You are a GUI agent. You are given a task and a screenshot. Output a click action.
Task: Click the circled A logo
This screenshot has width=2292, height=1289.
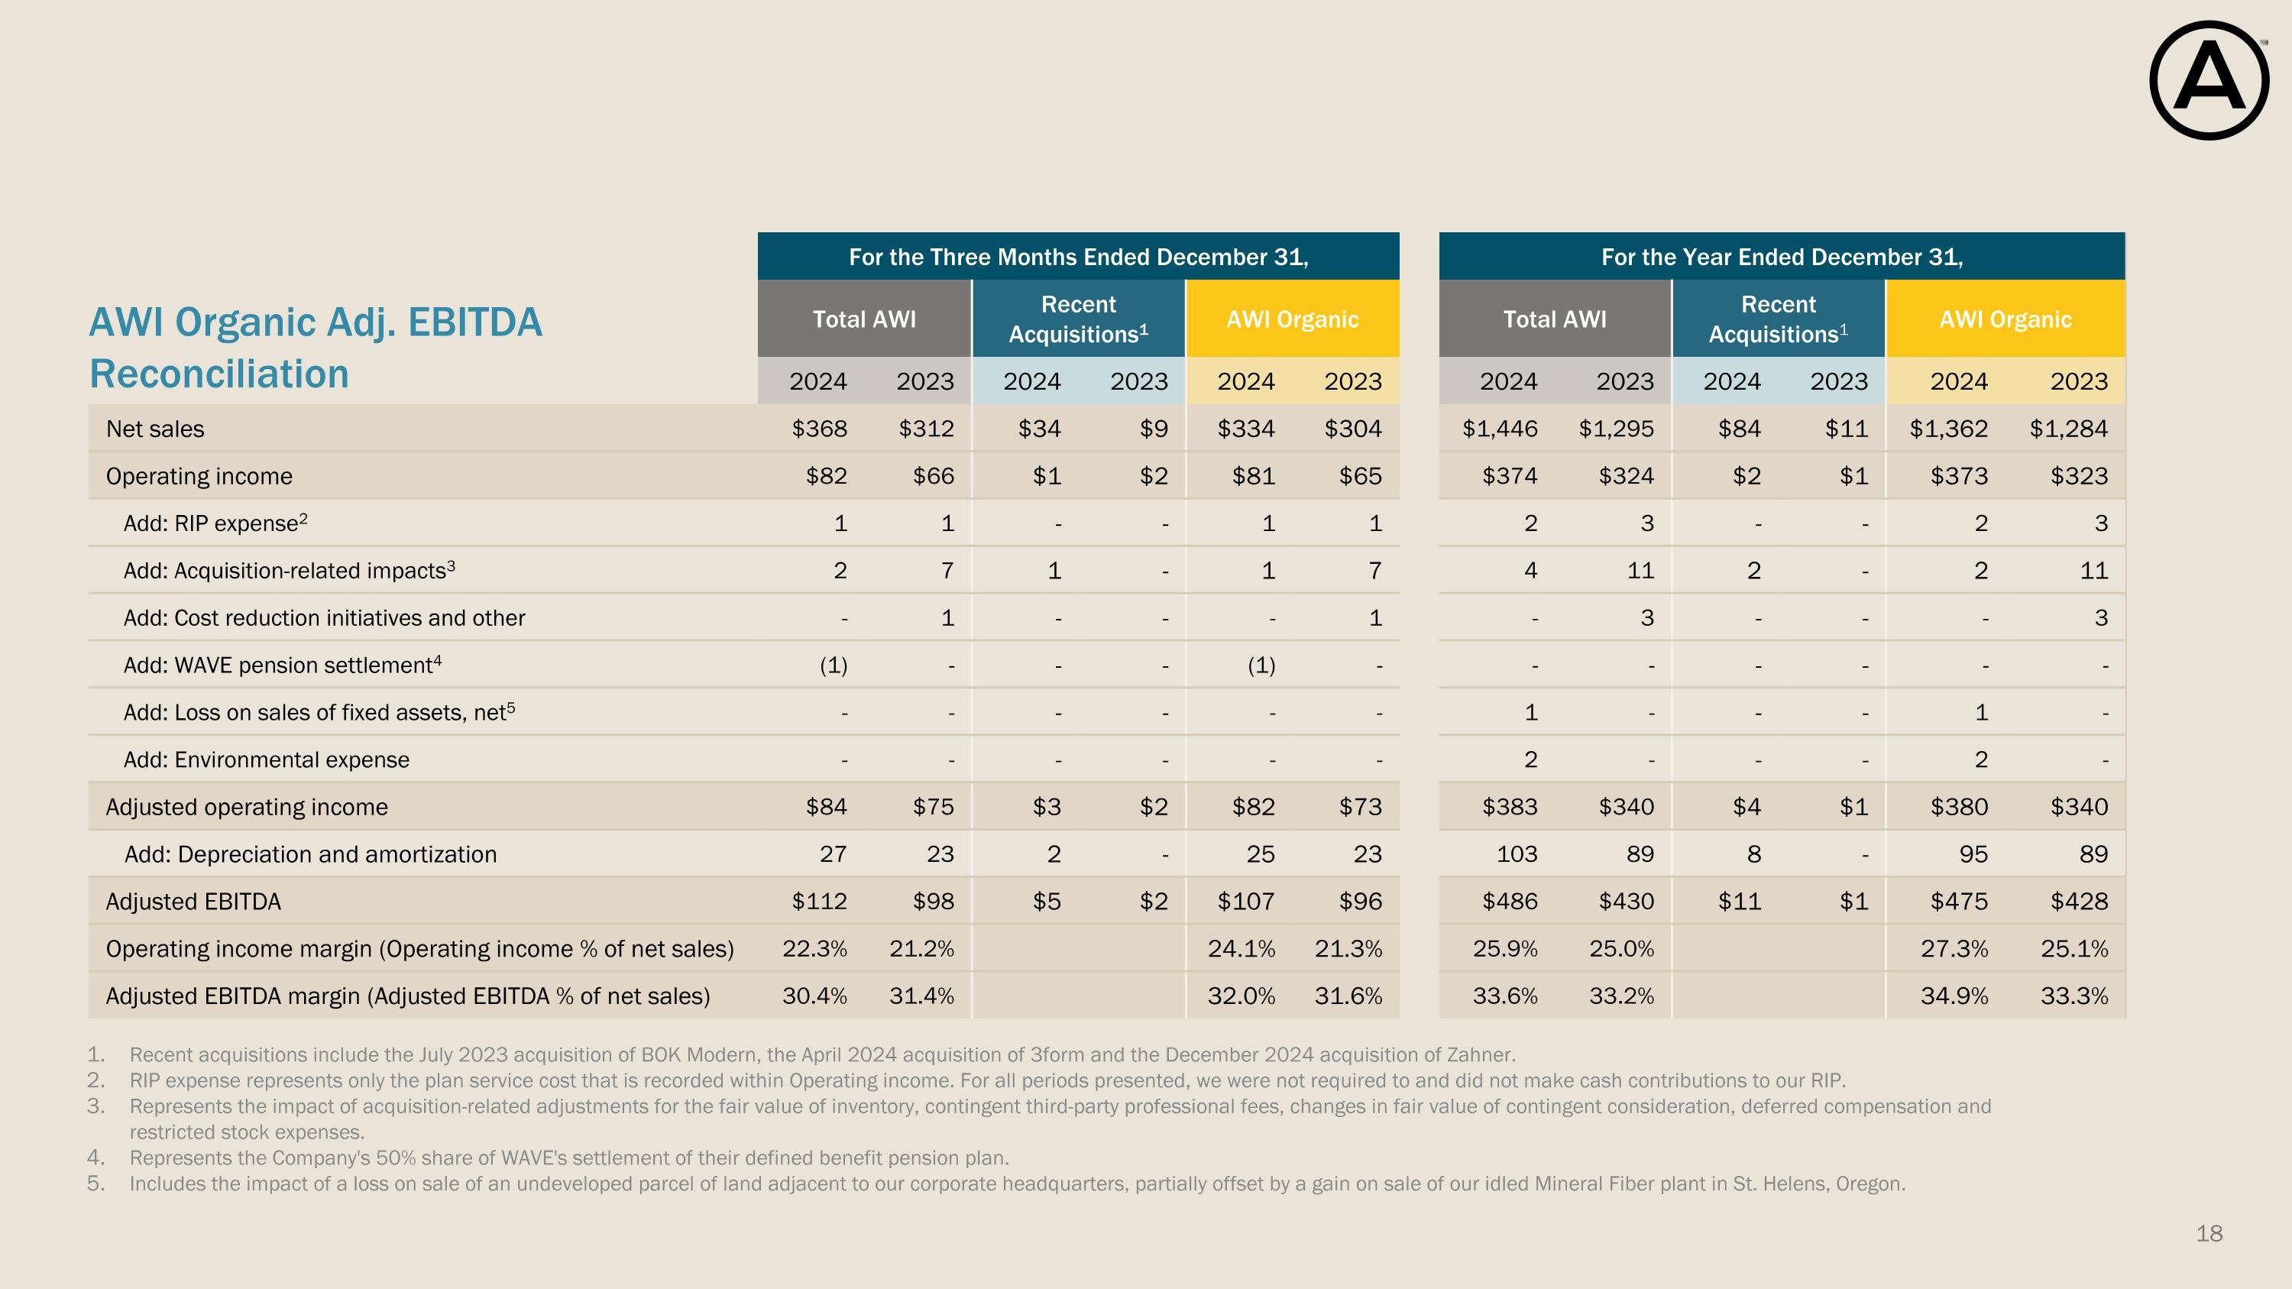coord(2209,80)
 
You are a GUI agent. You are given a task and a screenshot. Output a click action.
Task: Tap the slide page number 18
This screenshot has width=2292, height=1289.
coord(2209,1233)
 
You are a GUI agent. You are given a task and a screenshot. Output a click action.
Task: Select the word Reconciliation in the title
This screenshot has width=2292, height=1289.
coord(219,374)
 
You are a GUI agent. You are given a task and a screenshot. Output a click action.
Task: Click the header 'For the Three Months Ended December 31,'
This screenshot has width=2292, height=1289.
coord(1078,257)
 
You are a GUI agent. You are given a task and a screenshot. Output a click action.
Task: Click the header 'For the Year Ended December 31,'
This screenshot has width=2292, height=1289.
coord(1782,257)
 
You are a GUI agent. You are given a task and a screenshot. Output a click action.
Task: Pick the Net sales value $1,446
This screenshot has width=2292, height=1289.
coord(1500,429)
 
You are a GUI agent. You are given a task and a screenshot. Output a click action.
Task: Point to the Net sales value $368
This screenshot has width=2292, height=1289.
coord(820,429)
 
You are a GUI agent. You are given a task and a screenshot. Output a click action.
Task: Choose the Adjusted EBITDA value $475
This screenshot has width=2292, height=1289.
coord(1959,901)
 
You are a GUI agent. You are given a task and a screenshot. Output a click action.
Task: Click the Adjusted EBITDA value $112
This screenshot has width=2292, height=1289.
coord(820,901)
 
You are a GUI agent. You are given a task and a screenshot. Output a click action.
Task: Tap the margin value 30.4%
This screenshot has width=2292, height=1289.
coord(815,996)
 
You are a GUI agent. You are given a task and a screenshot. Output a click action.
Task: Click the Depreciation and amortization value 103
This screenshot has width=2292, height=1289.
coord(1517,854)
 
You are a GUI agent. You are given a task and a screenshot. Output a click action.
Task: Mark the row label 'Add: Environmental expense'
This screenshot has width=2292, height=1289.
coord(267,759)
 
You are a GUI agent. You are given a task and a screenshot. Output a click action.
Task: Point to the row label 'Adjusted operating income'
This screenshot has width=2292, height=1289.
coord(248,807)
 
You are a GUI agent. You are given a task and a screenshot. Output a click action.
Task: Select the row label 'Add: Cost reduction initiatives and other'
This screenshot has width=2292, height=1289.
coord(325,617)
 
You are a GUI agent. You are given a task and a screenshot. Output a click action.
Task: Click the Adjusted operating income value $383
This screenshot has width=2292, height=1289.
coord(1510,807)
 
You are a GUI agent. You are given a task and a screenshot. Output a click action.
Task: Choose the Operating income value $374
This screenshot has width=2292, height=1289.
coord(1510,476)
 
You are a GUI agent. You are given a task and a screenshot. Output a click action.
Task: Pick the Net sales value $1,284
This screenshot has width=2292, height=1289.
coord(2069,429)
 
